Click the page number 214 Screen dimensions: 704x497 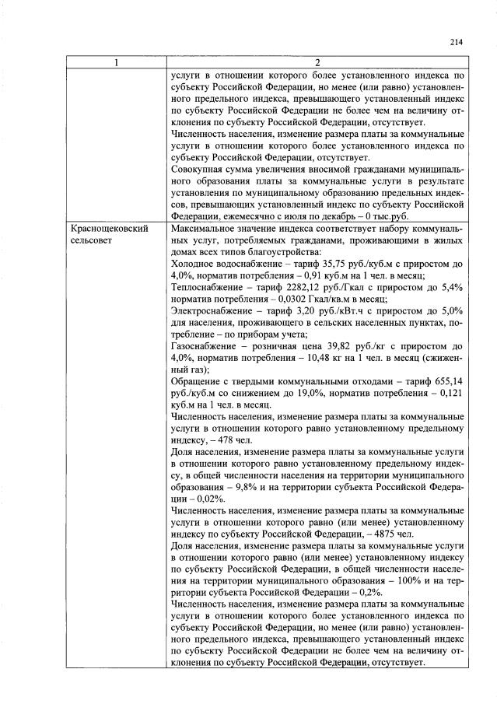click(456, 43)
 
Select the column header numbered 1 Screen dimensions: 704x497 click(114, 63)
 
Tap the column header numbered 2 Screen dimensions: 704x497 click(317, 63)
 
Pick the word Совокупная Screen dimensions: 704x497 click(199, 168)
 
